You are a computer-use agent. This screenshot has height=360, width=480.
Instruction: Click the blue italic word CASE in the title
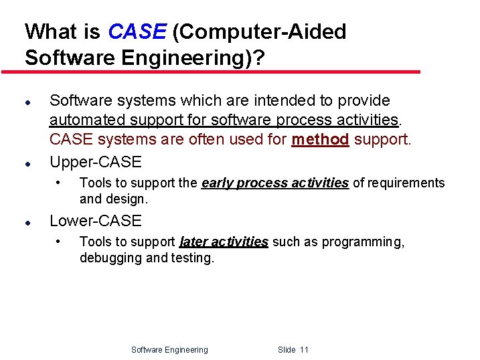pyautogui.click(x=136, y=32)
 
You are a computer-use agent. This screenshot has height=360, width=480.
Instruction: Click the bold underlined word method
pyautogui.click(x=320, y=140)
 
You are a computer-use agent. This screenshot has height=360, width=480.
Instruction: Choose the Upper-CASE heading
pyautogui.click(x=96, y=162)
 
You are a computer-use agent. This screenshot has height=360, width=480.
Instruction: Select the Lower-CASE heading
pyautogui.click(x=96, y=221)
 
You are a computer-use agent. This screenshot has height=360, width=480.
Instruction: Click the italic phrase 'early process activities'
pyautogui.click(x=274, y=183)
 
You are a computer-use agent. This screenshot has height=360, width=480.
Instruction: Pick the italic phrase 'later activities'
pyautogui.click(x=224, y=242)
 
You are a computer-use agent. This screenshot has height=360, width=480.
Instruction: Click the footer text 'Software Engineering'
pyautogui.click(x=169, y=350)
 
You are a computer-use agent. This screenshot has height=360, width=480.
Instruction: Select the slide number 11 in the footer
pyautogui.click(x=304, y=350)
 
